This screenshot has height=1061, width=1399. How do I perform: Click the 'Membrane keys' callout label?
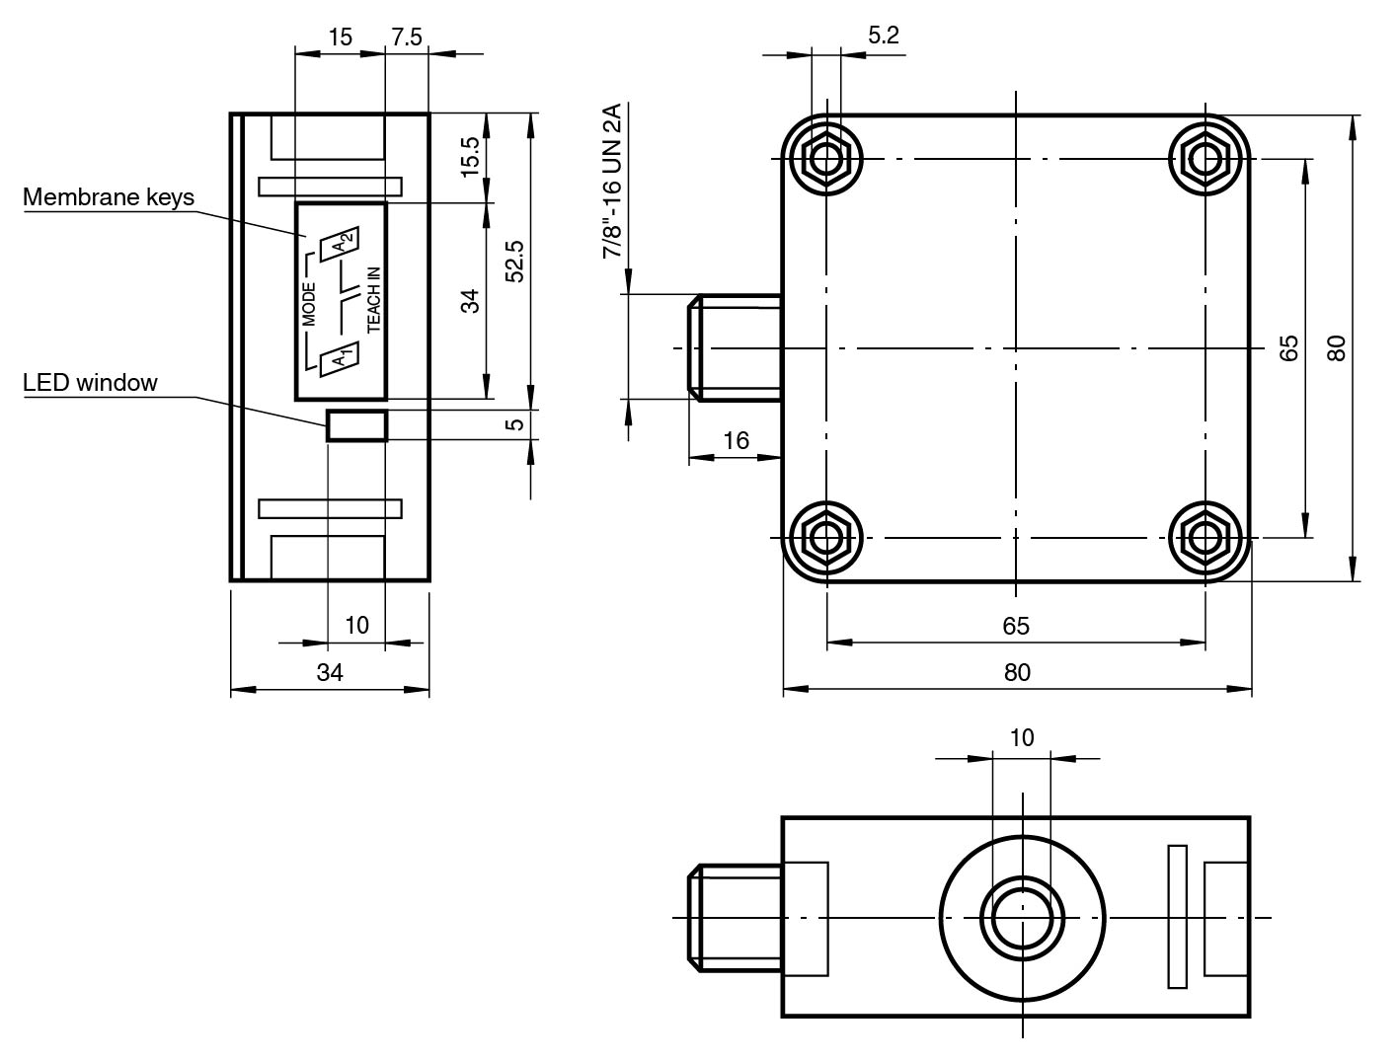point(109,197)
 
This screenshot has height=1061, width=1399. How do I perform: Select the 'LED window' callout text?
point(90,383)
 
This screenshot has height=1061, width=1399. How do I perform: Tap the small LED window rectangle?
point(357,425)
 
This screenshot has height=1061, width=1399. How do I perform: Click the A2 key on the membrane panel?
point(341,243)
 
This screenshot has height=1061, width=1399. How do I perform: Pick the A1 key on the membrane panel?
point(339,359)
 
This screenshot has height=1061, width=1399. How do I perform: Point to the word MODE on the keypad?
point(309,304)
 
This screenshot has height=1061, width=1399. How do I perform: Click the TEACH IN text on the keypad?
point(373,299)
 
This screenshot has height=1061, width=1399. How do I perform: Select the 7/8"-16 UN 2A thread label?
point(612,181)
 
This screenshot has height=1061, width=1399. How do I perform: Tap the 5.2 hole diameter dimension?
point(884,36)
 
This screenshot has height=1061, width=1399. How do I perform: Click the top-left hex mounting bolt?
point(826,159)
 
